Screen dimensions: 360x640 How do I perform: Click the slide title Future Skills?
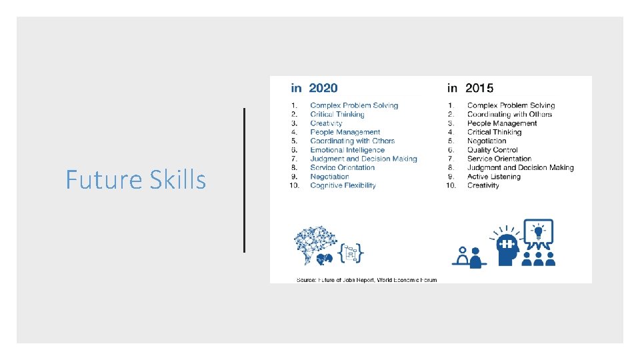[135, 179]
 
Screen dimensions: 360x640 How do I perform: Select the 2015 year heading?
[471, 88]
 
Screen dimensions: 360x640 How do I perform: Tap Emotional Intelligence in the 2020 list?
[347, 150]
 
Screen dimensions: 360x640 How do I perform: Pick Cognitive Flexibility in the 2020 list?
[343, 185]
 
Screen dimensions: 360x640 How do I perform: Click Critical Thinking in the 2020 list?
[337, 115]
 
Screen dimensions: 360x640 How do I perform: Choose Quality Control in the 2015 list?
[492, 150]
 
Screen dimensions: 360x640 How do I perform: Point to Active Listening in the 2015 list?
[495, 177]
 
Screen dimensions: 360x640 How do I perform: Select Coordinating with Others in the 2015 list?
[509, 115]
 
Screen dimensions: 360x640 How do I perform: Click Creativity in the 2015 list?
[483, 185]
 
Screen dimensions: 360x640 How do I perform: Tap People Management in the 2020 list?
[345, 132]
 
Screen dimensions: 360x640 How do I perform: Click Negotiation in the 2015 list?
[487, 141]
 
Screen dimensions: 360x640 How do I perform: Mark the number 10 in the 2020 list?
[294, 185]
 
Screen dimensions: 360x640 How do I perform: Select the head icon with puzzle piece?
[508, 245]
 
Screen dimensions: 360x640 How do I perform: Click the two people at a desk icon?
[469, 257]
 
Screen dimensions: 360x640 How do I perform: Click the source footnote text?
[367, 279]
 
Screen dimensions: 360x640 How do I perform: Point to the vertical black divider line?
[245, 180]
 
